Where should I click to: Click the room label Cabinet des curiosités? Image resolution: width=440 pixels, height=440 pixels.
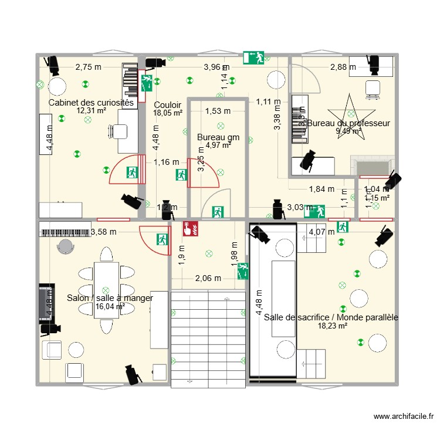tap(91, 103)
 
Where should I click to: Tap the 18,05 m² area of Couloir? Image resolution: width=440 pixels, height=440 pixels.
tap(168, 113)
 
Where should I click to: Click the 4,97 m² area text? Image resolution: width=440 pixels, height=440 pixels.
tap(218, 145)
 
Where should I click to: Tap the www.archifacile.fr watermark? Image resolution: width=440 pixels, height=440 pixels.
tap(404, 417)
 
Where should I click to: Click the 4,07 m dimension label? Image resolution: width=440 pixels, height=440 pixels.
tap(321, 231)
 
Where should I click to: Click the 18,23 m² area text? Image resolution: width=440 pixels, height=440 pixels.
tap(333, 326)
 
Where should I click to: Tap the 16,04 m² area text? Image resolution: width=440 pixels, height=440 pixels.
tap(110, 306)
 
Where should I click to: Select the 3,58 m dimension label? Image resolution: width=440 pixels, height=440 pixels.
tap(104, 232)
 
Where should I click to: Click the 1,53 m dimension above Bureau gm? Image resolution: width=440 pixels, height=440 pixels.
tap(218, 111)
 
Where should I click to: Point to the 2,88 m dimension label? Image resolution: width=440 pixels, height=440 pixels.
tap(343, 67)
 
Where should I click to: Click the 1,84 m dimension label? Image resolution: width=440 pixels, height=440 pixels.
tap(321, 189)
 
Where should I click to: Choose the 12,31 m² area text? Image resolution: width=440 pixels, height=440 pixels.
tap(91, 110)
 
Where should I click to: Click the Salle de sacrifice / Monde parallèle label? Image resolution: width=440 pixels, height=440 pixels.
tap(331, 317)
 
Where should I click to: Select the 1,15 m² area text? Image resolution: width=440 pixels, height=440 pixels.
tap(377, 198)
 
